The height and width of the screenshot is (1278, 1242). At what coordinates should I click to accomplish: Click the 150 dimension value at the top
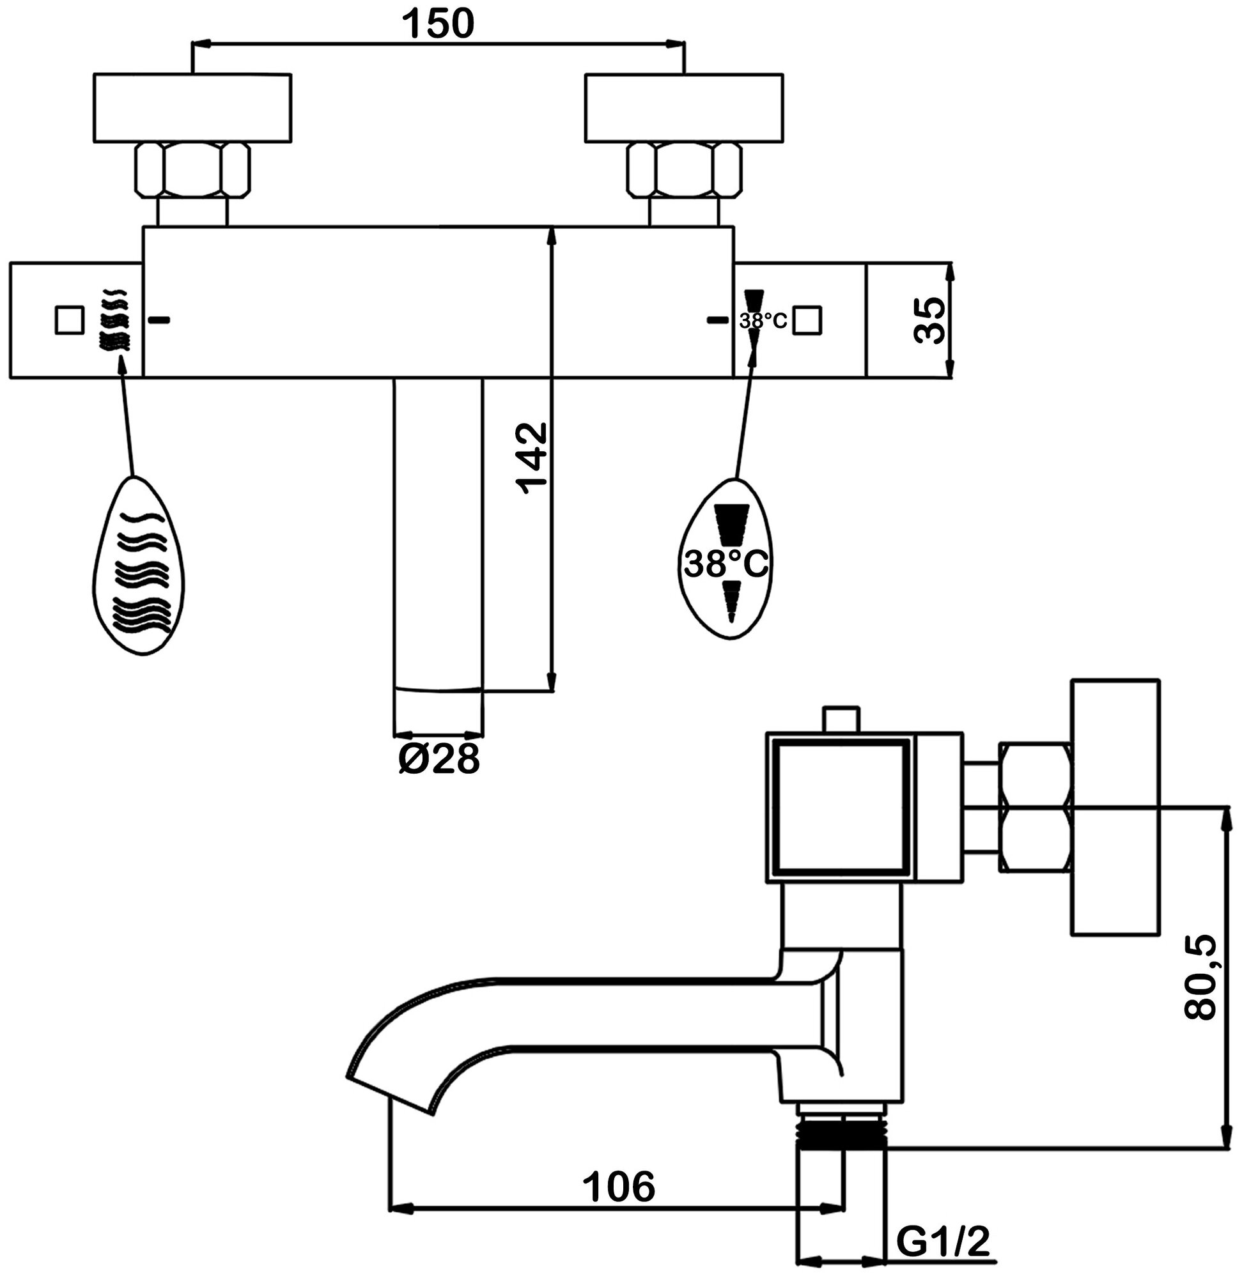click(x=438, y=24)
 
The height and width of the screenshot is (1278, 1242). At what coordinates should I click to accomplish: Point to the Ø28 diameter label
click(x=439, y=760)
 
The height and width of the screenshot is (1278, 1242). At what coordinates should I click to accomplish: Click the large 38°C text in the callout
click(x=726, y=564)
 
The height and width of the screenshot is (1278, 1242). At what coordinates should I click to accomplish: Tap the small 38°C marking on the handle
click(x=763, y=321)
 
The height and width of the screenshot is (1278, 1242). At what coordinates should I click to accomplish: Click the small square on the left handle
click(x=69, y=320)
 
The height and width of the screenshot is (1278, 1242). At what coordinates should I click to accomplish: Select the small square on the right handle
click(x=807, y=321)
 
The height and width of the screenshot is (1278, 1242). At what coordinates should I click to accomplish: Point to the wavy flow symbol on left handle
click(x=113, y=320)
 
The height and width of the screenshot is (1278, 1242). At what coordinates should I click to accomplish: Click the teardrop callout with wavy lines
click(x=138, y=567)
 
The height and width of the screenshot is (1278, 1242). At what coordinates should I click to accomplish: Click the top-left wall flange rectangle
click(x=192, y=107)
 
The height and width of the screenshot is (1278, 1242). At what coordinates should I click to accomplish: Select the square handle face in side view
click(x=841, y=807)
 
